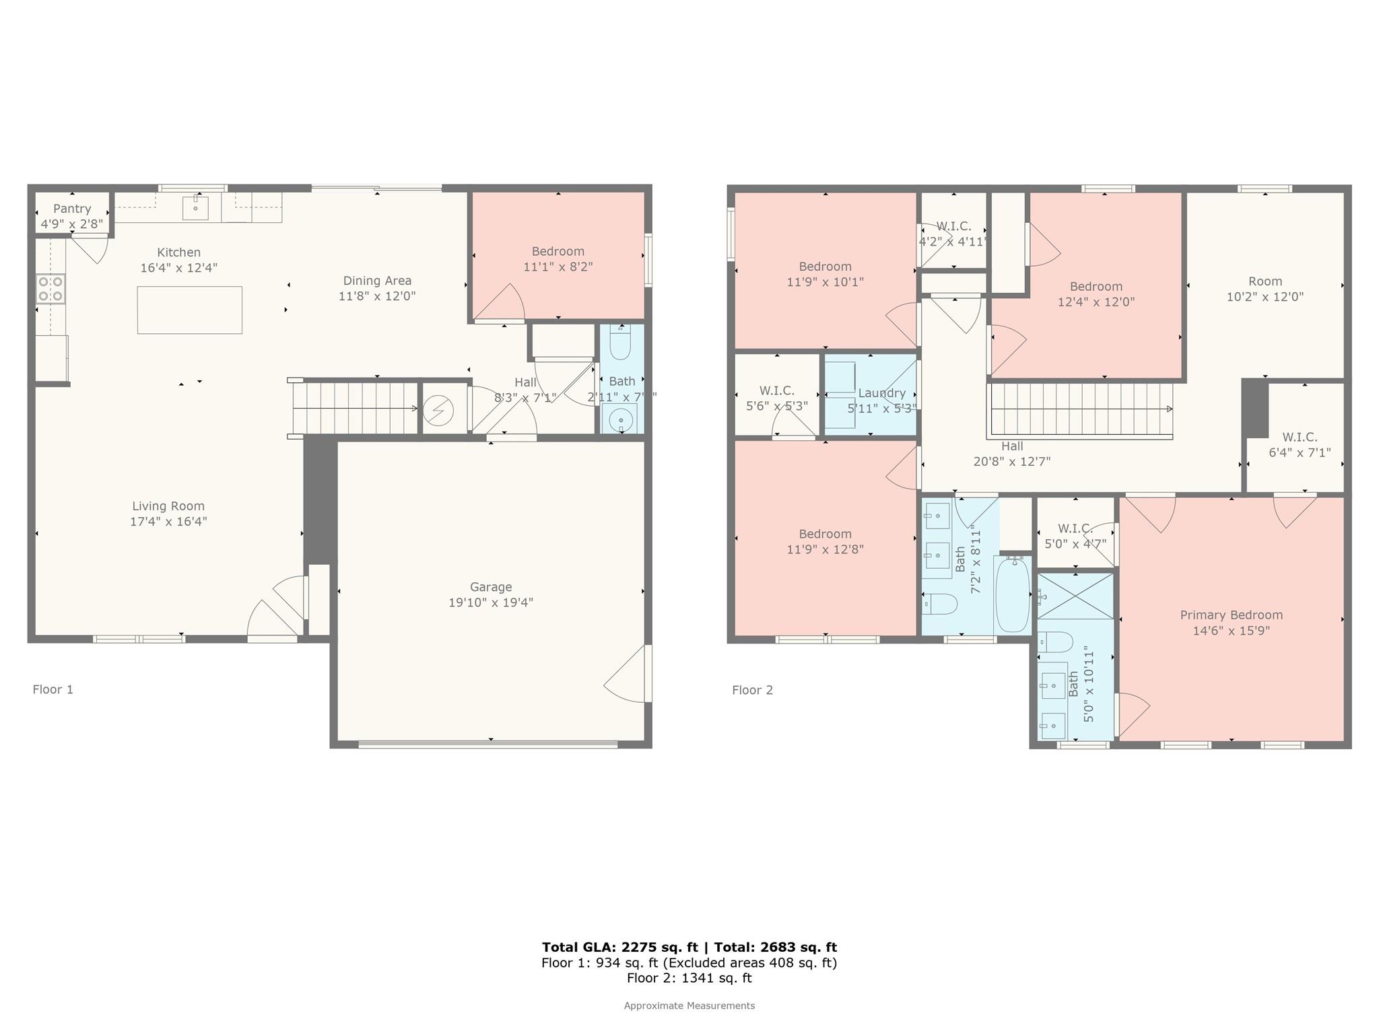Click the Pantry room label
(x=72, y=209)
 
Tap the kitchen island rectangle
(x=189, y=310)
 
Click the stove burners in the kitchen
(x=51, y=289)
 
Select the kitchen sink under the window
(x=195, y=208)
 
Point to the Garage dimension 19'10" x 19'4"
(x=491, y=602)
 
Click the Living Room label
(x=168, y=506)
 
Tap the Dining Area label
(x=377, y=281)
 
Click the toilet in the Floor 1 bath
(x=620, y=345)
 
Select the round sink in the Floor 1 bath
(x=620, y=420)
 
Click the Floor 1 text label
(x=53, y=689)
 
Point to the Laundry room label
(x=881, y=393)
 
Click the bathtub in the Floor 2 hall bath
(x=1012, y=595)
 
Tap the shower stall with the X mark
(x=1075, y=596)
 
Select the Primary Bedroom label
(x=1231, y=615)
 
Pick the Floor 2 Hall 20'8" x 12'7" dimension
(x=1011, y=462)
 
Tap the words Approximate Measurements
(x=689, y=1006)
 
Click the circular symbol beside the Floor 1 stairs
(x=438, y=411)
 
